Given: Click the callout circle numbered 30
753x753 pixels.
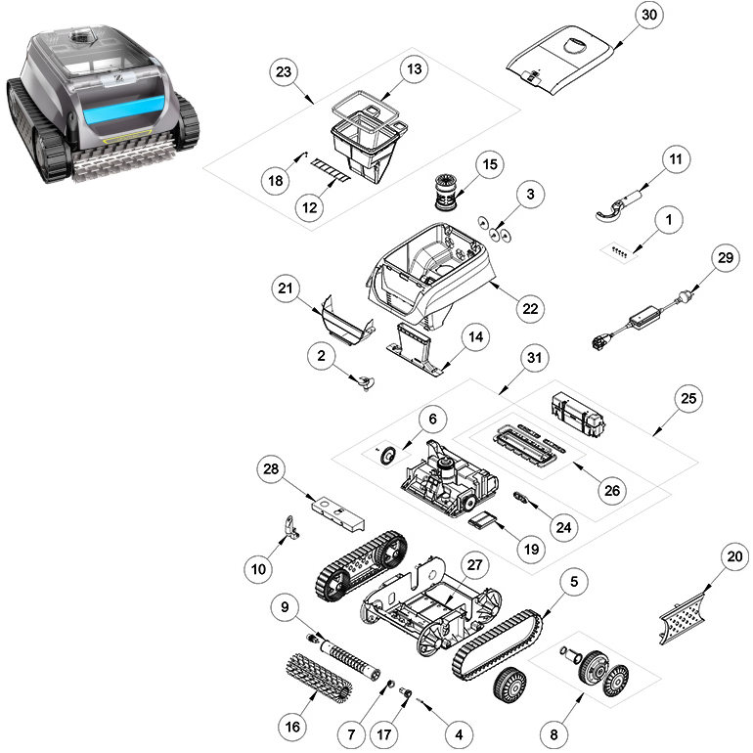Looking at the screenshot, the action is [648, 15].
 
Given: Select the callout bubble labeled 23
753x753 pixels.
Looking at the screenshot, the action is [284, 72].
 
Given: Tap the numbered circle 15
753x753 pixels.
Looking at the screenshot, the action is [489, 164].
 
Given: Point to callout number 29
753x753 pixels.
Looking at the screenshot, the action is [726, 258].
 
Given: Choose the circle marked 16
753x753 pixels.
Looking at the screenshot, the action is [292, 727].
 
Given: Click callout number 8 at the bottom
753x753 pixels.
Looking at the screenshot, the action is [554, 734].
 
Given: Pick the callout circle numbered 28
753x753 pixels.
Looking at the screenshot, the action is [271, 468].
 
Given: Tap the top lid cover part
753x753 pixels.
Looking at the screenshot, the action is [560, 61].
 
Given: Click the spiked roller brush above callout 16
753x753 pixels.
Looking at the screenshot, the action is [318, 678].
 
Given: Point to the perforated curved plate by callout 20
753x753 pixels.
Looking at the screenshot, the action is [682, 618].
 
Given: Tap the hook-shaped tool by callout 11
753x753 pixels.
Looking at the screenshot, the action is [619, 206].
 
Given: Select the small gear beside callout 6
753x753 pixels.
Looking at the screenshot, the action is [387, 455].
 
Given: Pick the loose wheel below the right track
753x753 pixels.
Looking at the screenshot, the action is [509, 685].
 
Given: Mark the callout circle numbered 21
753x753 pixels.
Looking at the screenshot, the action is [286, 288].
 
